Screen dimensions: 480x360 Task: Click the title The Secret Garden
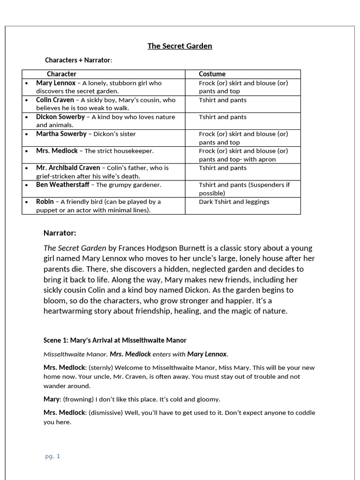pos(180,46)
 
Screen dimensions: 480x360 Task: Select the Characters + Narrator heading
pos(78,60)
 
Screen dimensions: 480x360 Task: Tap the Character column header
pos(61,74)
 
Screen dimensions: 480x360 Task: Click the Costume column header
pos(212,74)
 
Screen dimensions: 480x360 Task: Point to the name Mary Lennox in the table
pos(56,83)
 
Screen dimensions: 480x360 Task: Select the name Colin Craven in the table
pos(55,100)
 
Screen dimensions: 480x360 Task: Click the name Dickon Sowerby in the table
pos(60,117)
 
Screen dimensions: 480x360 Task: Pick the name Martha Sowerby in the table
pos(61,134)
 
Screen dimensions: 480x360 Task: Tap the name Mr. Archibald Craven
pos(68,167)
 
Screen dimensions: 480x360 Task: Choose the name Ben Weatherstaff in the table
pos(63,185)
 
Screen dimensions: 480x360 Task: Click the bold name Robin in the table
pos(45,202)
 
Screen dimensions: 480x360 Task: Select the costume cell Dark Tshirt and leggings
pos(234,202)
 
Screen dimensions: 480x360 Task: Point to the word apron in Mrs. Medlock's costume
pos(266,159)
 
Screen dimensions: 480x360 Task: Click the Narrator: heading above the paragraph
pos(60,233)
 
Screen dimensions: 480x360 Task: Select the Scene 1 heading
pos(115,340)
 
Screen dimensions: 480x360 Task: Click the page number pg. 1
pos(52,456)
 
